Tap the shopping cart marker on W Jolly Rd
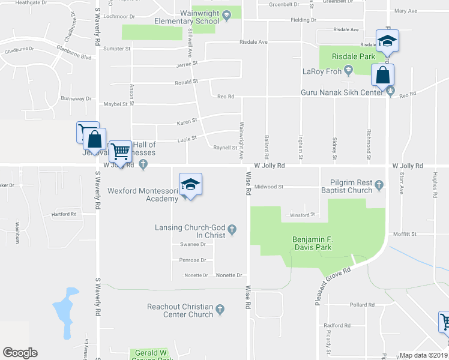[121, 151]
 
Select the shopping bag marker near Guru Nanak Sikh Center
[382, 76]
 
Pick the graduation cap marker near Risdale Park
[387, 41]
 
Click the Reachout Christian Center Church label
[180, 310]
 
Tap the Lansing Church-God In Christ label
[190, 231]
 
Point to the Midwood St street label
[268, 187]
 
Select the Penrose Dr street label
[192, 260]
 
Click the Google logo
[20, 353]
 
